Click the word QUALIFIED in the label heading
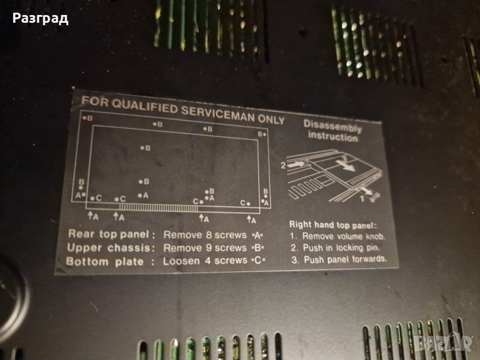(145, 106)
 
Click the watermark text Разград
(40, 19)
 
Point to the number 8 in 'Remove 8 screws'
(209, 235)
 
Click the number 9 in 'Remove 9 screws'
(209, 248)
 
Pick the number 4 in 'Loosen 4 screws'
(208, 260)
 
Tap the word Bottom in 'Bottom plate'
(87, 262)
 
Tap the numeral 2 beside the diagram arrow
(283, 166)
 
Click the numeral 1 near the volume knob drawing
(362, 199)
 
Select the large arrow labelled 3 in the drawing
(347, 164)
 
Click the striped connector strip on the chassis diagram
(158, 208)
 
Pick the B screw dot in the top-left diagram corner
(84, 118)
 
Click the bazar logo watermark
(444, 343)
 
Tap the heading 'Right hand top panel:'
(333, 225)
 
